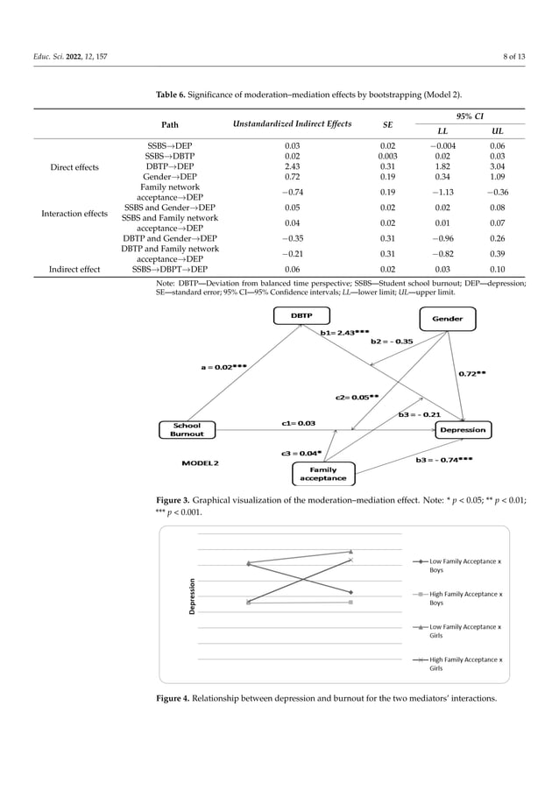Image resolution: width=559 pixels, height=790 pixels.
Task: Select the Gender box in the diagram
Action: click(x=447, y=319)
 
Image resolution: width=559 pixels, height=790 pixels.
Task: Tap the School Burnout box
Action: click(x=187, y=429)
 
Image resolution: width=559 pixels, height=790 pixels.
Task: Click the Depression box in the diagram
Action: click(x=463, y=430)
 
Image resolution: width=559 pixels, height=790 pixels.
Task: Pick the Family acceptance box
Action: click(x=322, y=474)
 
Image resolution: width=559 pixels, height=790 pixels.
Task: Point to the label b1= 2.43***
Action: click(x=344, y=333)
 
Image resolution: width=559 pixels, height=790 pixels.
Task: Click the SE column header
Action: click(x=388, y=124)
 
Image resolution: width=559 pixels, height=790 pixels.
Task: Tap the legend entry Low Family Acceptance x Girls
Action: click(x=465, y=631)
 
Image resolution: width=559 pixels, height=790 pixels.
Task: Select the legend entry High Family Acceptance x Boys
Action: click(x=465, y=598)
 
